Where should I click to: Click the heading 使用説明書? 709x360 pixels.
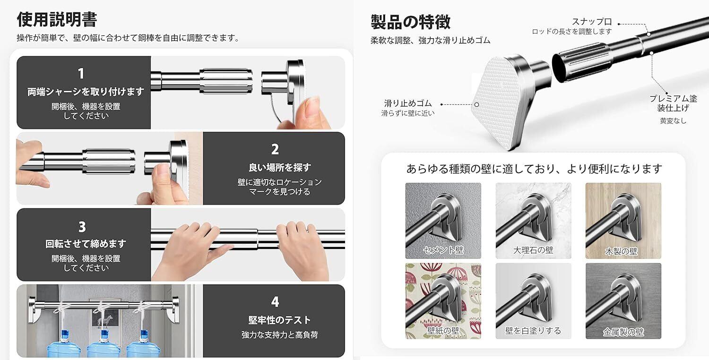click(x=57, y=19)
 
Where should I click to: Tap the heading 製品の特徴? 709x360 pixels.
click(x=411, y=22)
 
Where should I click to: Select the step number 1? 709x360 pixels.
click(x=81, y=73)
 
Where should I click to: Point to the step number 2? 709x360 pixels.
click(x=275, y=149)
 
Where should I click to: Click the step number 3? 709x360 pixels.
click(x=82, y=227)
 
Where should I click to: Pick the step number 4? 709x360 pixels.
click(x=275, y=302)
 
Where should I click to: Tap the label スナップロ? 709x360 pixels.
click(x=592, y=22)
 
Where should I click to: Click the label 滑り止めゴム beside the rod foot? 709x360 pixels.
click(x=408, y=103)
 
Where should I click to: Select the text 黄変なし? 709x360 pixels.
click(x=673, y=120)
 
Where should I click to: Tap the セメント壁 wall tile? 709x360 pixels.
click(x=443, y=221)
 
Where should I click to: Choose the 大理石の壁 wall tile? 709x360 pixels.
click(x=533, y=221)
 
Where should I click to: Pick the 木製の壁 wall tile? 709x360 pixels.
click(x=623, y=221)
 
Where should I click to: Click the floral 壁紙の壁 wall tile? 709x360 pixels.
click(x=443, y=301)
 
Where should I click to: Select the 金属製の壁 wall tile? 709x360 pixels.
click(x=623, y=301)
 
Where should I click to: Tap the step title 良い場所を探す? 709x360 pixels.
click(x=280, y=167)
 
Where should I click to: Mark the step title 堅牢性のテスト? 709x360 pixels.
click(x=280, y=320)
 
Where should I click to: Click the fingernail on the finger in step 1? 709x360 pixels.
click(x=312, y=105)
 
